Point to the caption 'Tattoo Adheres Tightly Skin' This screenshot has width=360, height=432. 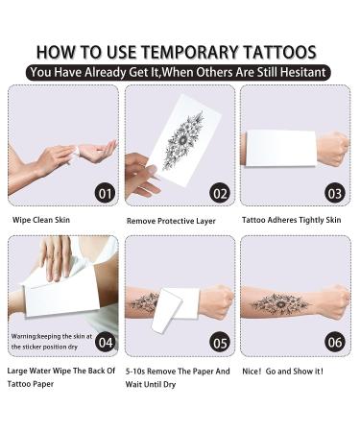click(x=291, y=220)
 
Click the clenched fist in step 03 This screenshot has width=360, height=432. click(x=330, y=150)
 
